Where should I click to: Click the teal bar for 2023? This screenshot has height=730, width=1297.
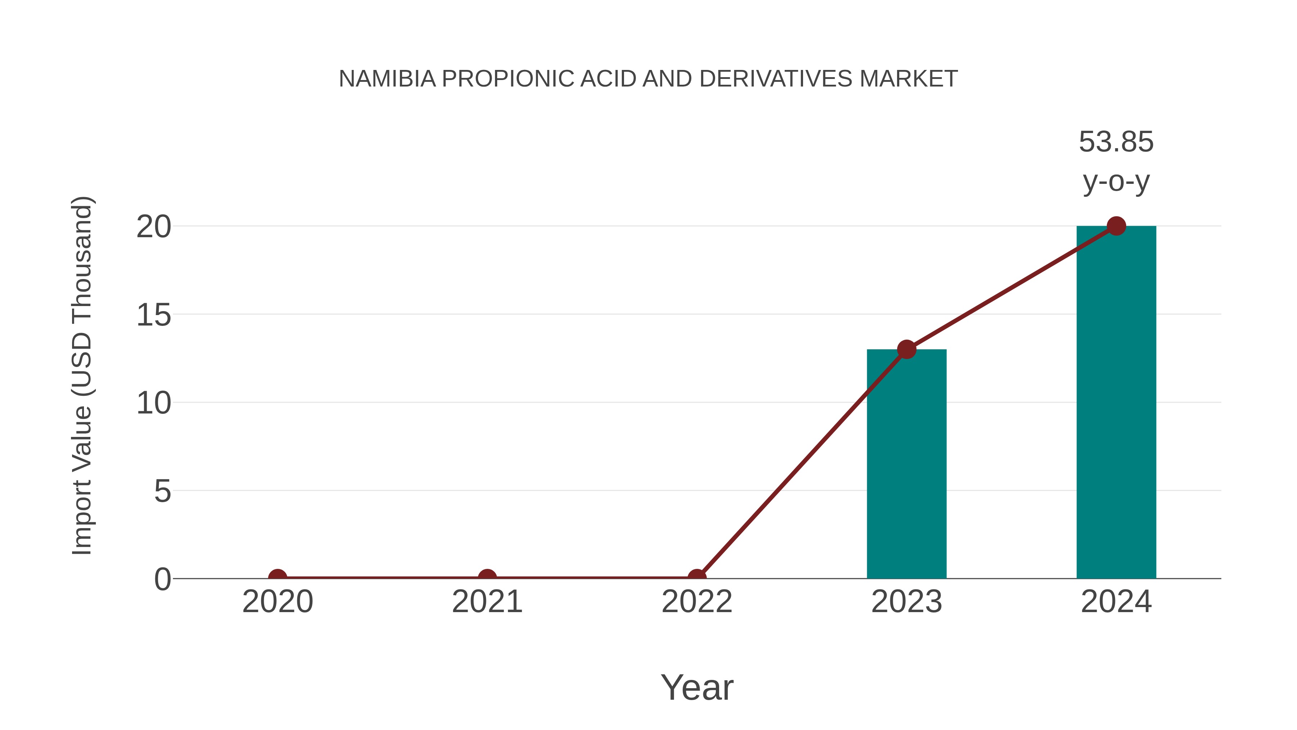click(906, 464)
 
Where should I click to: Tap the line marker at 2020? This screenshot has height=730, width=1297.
click(277, 578)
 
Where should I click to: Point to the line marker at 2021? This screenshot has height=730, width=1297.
click(487, 578)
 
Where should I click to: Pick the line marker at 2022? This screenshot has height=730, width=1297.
click(697, 578)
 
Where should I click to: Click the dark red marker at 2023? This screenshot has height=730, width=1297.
click(906, 349)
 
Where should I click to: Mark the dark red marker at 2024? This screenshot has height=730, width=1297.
click(1116, 226)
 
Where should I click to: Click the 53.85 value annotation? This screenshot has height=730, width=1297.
click(1116, 142)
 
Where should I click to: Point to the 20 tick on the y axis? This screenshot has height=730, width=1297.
click(153, 227)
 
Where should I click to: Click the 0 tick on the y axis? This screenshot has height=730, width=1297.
click(162, 579)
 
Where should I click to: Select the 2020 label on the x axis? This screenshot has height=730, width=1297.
click(277, 602)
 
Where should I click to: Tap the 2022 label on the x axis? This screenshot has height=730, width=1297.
click(697, 602)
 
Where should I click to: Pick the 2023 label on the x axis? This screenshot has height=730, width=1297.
click(906, 602)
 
